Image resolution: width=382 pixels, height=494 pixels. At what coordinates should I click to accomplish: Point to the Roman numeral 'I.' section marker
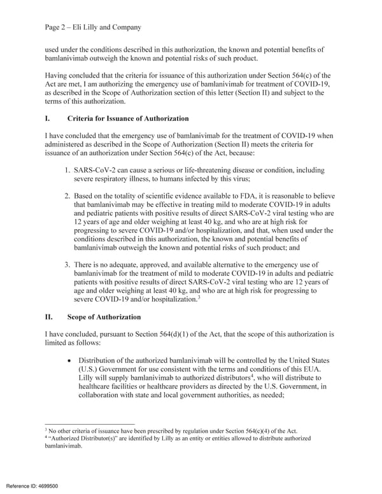(x=48, y=118)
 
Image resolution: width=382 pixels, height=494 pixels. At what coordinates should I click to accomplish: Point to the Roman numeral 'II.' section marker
(x=50, y=316)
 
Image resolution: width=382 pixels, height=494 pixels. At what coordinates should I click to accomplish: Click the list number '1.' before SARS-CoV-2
(x=67, y=171)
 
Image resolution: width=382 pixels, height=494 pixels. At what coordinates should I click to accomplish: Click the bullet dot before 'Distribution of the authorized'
(x=67, y=361)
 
